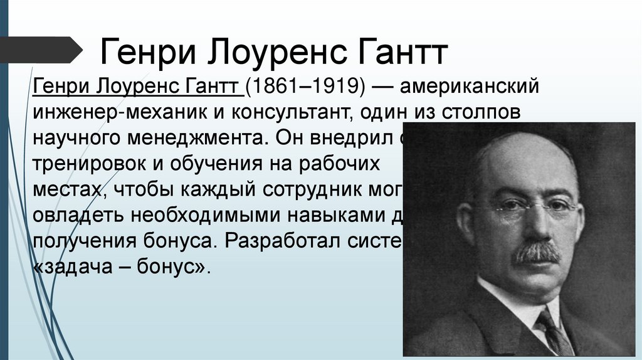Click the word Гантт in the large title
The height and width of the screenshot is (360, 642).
(402, 53)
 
